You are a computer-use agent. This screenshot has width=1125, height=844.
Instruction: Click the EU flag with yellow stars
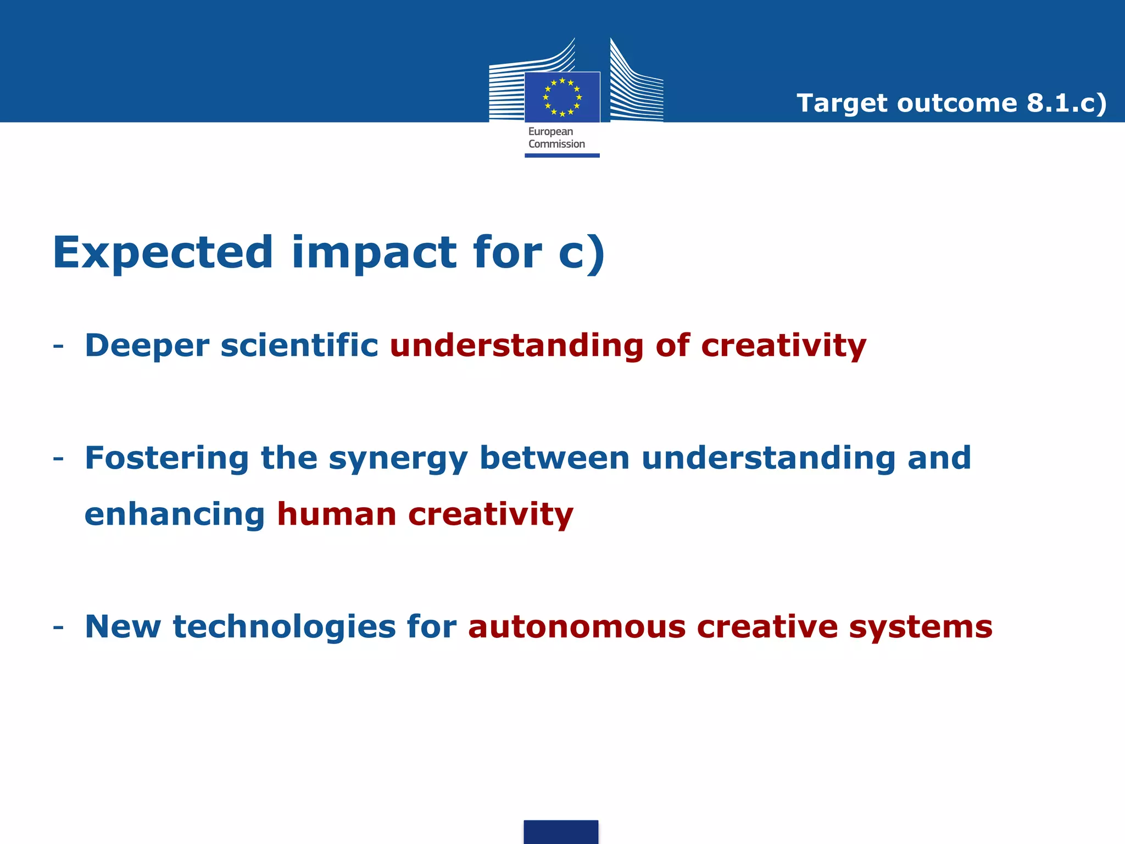click(x=562, y=97)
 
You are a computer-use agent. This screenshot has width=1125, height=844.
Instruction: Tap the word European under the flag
click(x=550, y=132)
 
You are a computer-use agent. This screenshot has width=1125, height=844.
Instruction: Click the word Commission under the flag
click(x=556, y=144)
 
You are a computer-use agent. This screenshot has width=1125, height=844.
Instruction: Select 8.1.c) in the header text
click(x=1067, y=103)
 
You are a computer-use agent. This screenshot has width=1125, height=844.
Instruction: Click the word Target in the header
click(x=842, y=103)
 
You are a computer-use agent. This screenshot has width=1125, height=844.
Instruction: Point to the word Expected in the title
click(x=163, y=253)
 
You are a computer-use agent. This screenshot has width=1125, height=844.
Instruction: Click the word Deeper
click(x=147, y=346)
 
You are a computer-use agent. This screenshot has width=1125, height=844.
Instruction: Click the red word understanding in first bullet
click(x=516, y=346)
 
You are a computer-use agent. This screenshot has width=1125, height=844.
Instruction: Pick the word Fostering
click(x=167, y=458)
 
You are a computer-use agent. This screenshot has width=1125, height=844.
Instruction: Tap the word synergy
click(x=398, y=459)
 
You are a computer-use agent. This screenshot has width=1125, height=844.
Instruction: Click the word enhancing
click(x=175, y=515)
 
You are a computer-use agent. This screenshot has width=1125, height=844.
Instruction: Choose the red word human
click(x=336, y=514)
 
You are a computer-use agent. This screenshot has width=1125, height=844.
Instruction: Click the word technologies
click(x=284, y=627)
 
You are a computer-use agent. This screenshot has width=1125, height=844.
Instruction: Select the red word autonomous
click(x=577, y=627)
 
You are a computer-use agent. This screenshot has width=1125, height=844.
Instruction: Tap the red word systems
click(x=921, y=627)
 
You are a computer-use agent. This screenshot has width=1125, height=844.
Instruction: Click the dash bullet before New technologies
click(x=58, y=628)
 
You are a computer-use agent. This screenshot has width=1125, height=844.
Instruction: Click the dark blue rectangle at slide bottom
click(x=561, y=832)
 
